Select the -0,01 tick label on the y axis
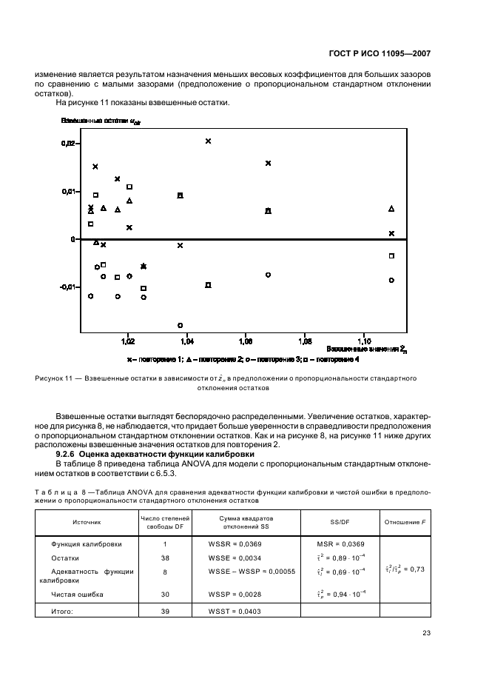point(67,287)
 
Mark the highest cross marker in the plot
point(209,141)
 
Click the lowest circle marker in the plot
point(180,325)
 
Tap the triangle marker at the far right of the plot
point(391,209)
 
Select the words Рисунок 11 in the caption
point(53,378)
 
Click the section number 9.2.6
point(66,453)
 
